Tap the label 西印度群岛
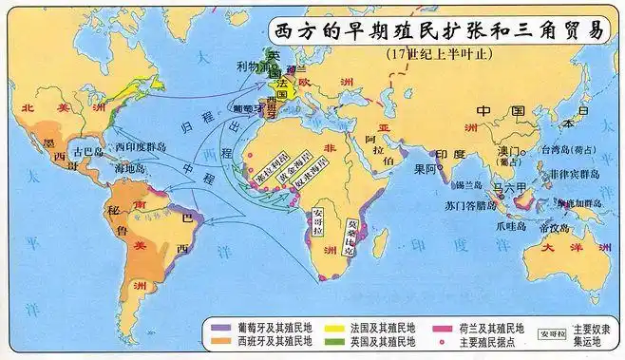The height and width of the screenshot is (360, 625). click(140, 149)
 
